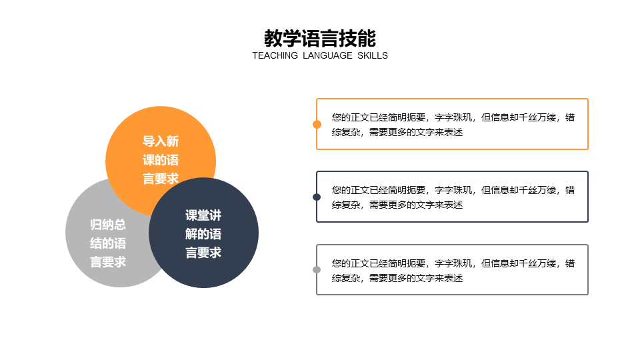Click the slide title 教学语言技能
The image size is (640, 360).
[320, 37]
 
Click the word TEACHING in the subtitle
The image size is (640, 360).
[275, 56]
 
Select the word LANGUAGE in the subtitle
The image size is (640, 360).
[327, 56]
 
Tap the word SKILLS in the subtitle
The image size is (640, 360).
[372, 56]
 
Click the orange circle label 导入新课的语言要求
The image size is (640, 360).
[161, 160]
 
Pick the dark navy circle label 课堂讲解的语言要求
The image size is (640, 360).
[203, 234]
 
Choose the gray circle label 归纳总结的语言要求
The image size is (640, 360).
[108, 243]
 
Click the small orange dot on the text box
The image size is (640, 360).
[317, 124]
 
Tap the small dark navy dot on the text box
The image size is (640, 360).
[317, 197]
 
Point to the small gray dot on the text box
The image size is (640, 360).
[317, 270]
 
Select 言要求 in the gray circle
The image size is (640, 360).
[108, 262]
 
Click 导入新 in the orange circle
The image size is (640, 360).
[161, 141]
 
